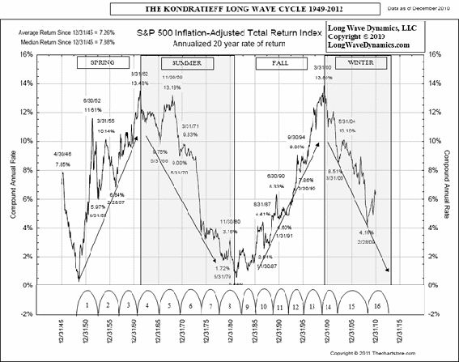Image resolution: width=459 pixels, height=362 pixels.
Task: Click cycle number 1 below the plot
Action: [87, 307]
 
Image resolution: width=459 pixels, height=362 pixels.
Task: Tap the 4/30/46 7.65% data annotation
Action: [62, 159]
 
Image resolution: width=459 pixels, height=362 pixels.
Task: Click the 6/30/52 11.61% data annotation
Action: [91, 104]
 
